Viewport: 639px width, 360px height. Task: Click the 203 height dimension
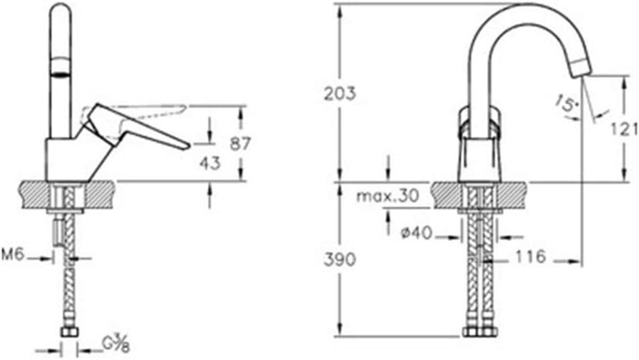pyautogui.click(x=339, y=93)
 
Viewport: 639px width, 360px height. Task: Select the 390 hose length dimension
pyautogui.click(x=339, y=260)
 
